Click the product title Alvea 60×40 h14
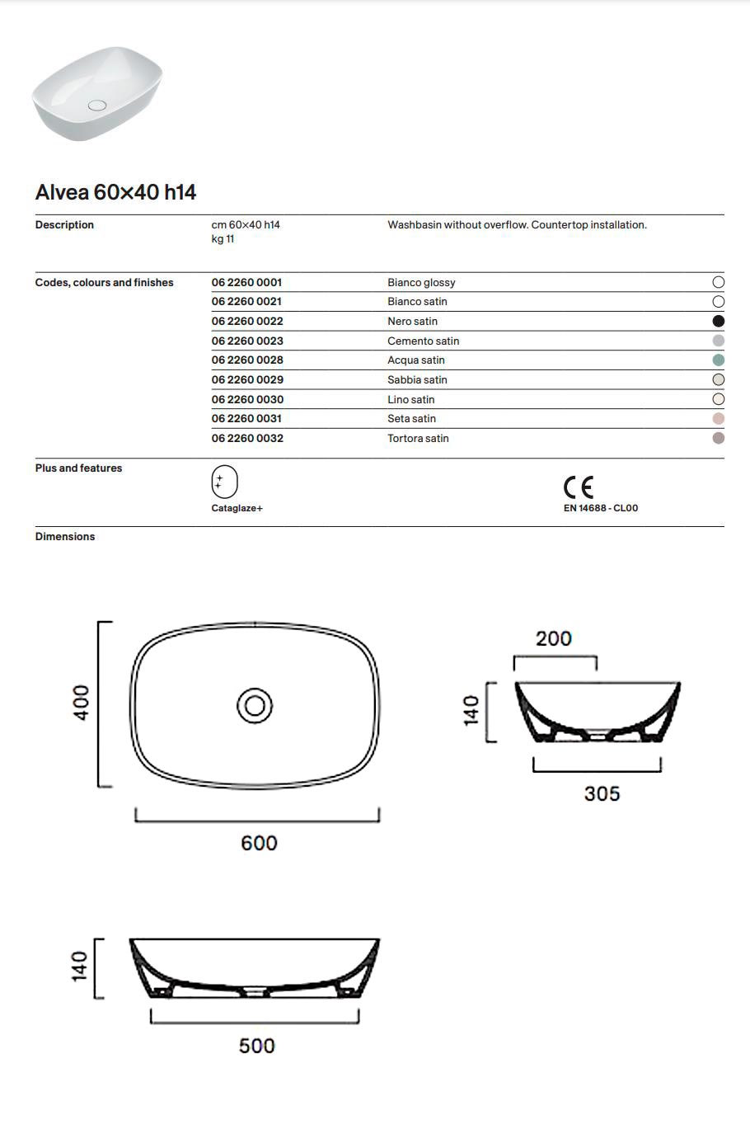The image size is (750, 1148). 115,192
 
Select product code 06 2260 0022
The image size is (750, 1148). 247,321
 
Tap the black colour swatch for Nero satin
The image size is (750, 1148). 718,321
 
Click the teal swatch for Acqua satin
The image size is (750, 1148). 718,360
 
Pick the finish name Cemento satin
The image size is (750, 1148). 423,341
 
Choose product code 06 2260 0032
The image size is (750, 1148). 247,438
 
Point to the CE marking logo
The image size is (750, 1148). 579,487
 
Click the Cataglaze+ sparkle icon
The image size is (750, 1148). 224,482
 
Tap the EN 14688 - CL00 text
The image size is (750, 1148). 600,508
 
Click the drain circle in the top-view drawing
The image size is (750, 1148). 255,706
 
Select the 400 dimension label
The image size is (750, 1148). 82,703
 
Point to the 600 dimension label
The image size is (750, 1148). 259,843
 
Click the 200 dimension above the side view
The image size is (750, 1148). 554,638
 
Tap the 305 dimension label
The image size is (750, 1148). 602,793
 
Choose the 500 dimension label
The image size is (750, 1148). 256,1046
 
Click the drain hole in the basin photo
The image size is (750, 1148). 97,106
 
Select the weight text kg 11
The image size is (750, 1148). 223,239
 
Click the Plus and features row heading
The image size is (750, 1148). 78,468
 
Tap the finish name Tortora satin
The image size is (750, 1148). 418,438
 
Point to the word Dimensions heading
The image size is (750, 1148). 65,536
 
